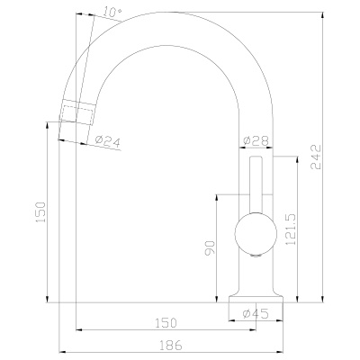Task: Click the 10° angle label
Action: [112, 13]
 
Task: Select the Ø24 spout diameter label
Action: [107, 140]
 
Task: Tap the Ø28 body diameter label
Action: [256, 140]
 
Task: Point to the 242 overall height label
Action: [316, 157]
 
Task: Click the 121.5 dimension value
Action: [291, 229]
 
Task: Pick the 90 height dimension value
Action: [210, 247]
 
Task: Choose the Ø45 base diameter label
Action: [256, 313]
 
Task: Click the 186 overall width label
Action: [170, 346]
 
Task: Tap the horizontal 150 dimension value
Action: [166, 323]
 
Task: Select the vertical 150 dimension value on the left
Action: [40, 212]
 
